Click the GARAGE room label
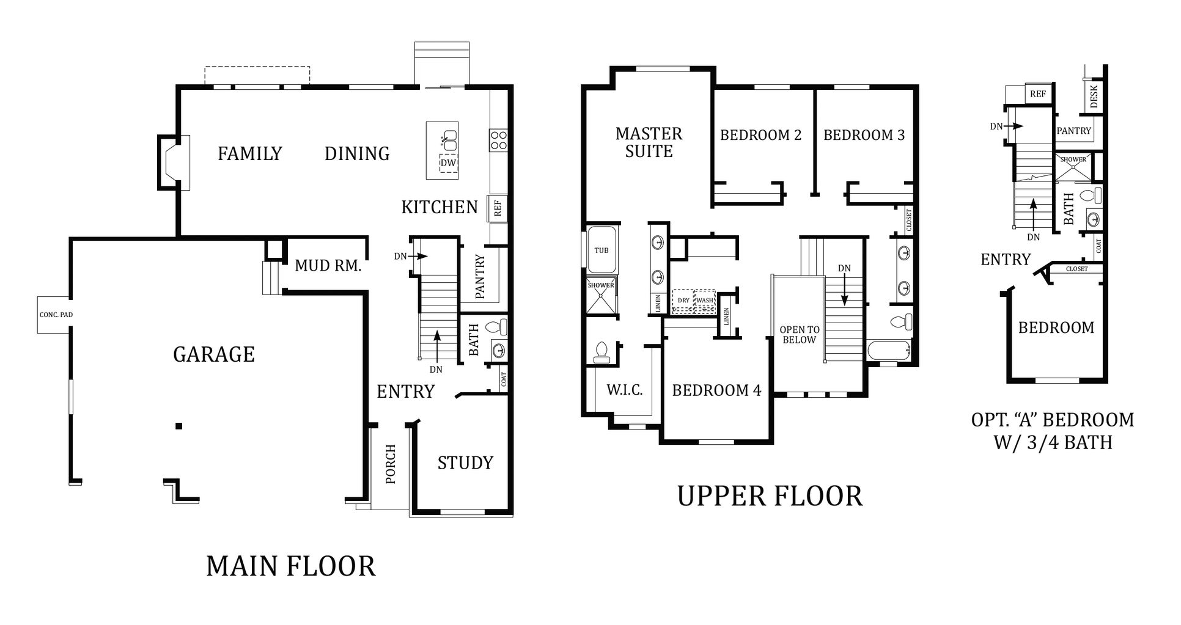coord(214,354)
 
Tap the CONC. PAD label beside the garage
coord(56,315)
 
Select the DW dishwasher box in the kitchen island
coord(449,164)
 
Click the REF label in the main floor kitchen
coord(498,209)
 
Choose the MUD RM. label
coord(328,266)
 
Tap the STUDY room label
coord(465,463)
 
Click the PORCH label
coord(391,464)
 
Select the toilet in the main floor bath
coord(499,327)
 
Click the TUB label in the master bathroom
coord(602,250)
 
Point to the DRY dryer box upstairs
coord(683,301)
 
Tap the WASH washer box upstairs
coord(705,301)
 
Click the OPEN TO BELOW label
coord(800,335)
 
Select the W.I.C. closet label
coord(624,390)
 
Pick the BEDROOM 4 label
coord(716,390)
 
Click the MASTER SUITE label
coord(649,142)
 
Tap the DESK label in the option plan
coord(1094,96)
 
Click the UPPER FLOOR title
coord(770,496)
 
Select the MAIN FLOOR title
coord(290,566)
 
